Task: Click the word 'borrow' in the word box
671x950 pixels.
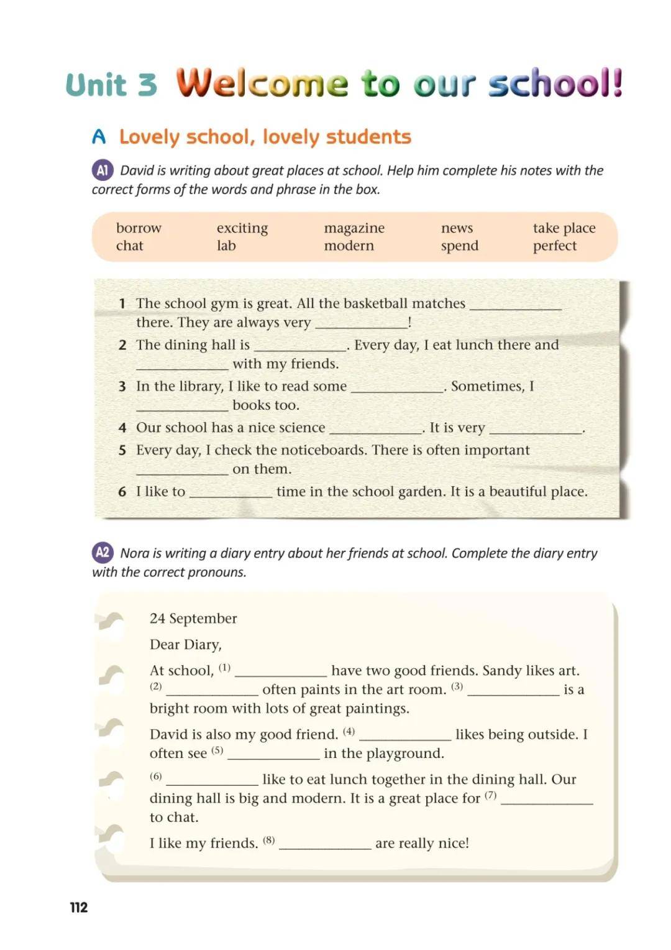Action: pos(139,228)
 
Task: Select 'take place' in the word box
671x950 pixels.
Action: pos(564,229)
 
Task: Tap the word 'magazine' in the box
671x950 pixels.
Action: pos(354,229)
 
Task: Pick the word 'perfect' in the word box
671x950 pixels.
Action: pos(554,246)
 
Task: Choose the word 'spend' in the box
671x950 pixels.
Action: pos(460,246)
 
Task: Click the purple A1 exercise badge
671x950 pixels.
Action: pos(103,170)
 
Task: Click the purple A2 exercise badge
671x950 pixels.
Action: pos(103,553)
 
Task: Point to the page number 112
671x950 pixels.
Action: pos(79,907)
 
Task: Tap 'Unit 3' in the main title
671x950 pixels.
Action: pos(112,85)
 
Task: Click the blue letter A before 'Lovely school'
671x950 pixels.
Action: pos(99,137)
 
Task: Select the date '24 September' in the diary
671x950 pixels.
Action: pos(193,619)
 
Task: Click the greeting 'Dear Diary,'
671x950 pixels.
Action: pos(186,645)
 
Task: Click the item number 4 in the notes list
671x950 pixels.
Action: pos(122,428)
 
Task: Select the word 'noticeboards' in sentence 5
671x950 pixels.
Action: pos(322,450)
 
